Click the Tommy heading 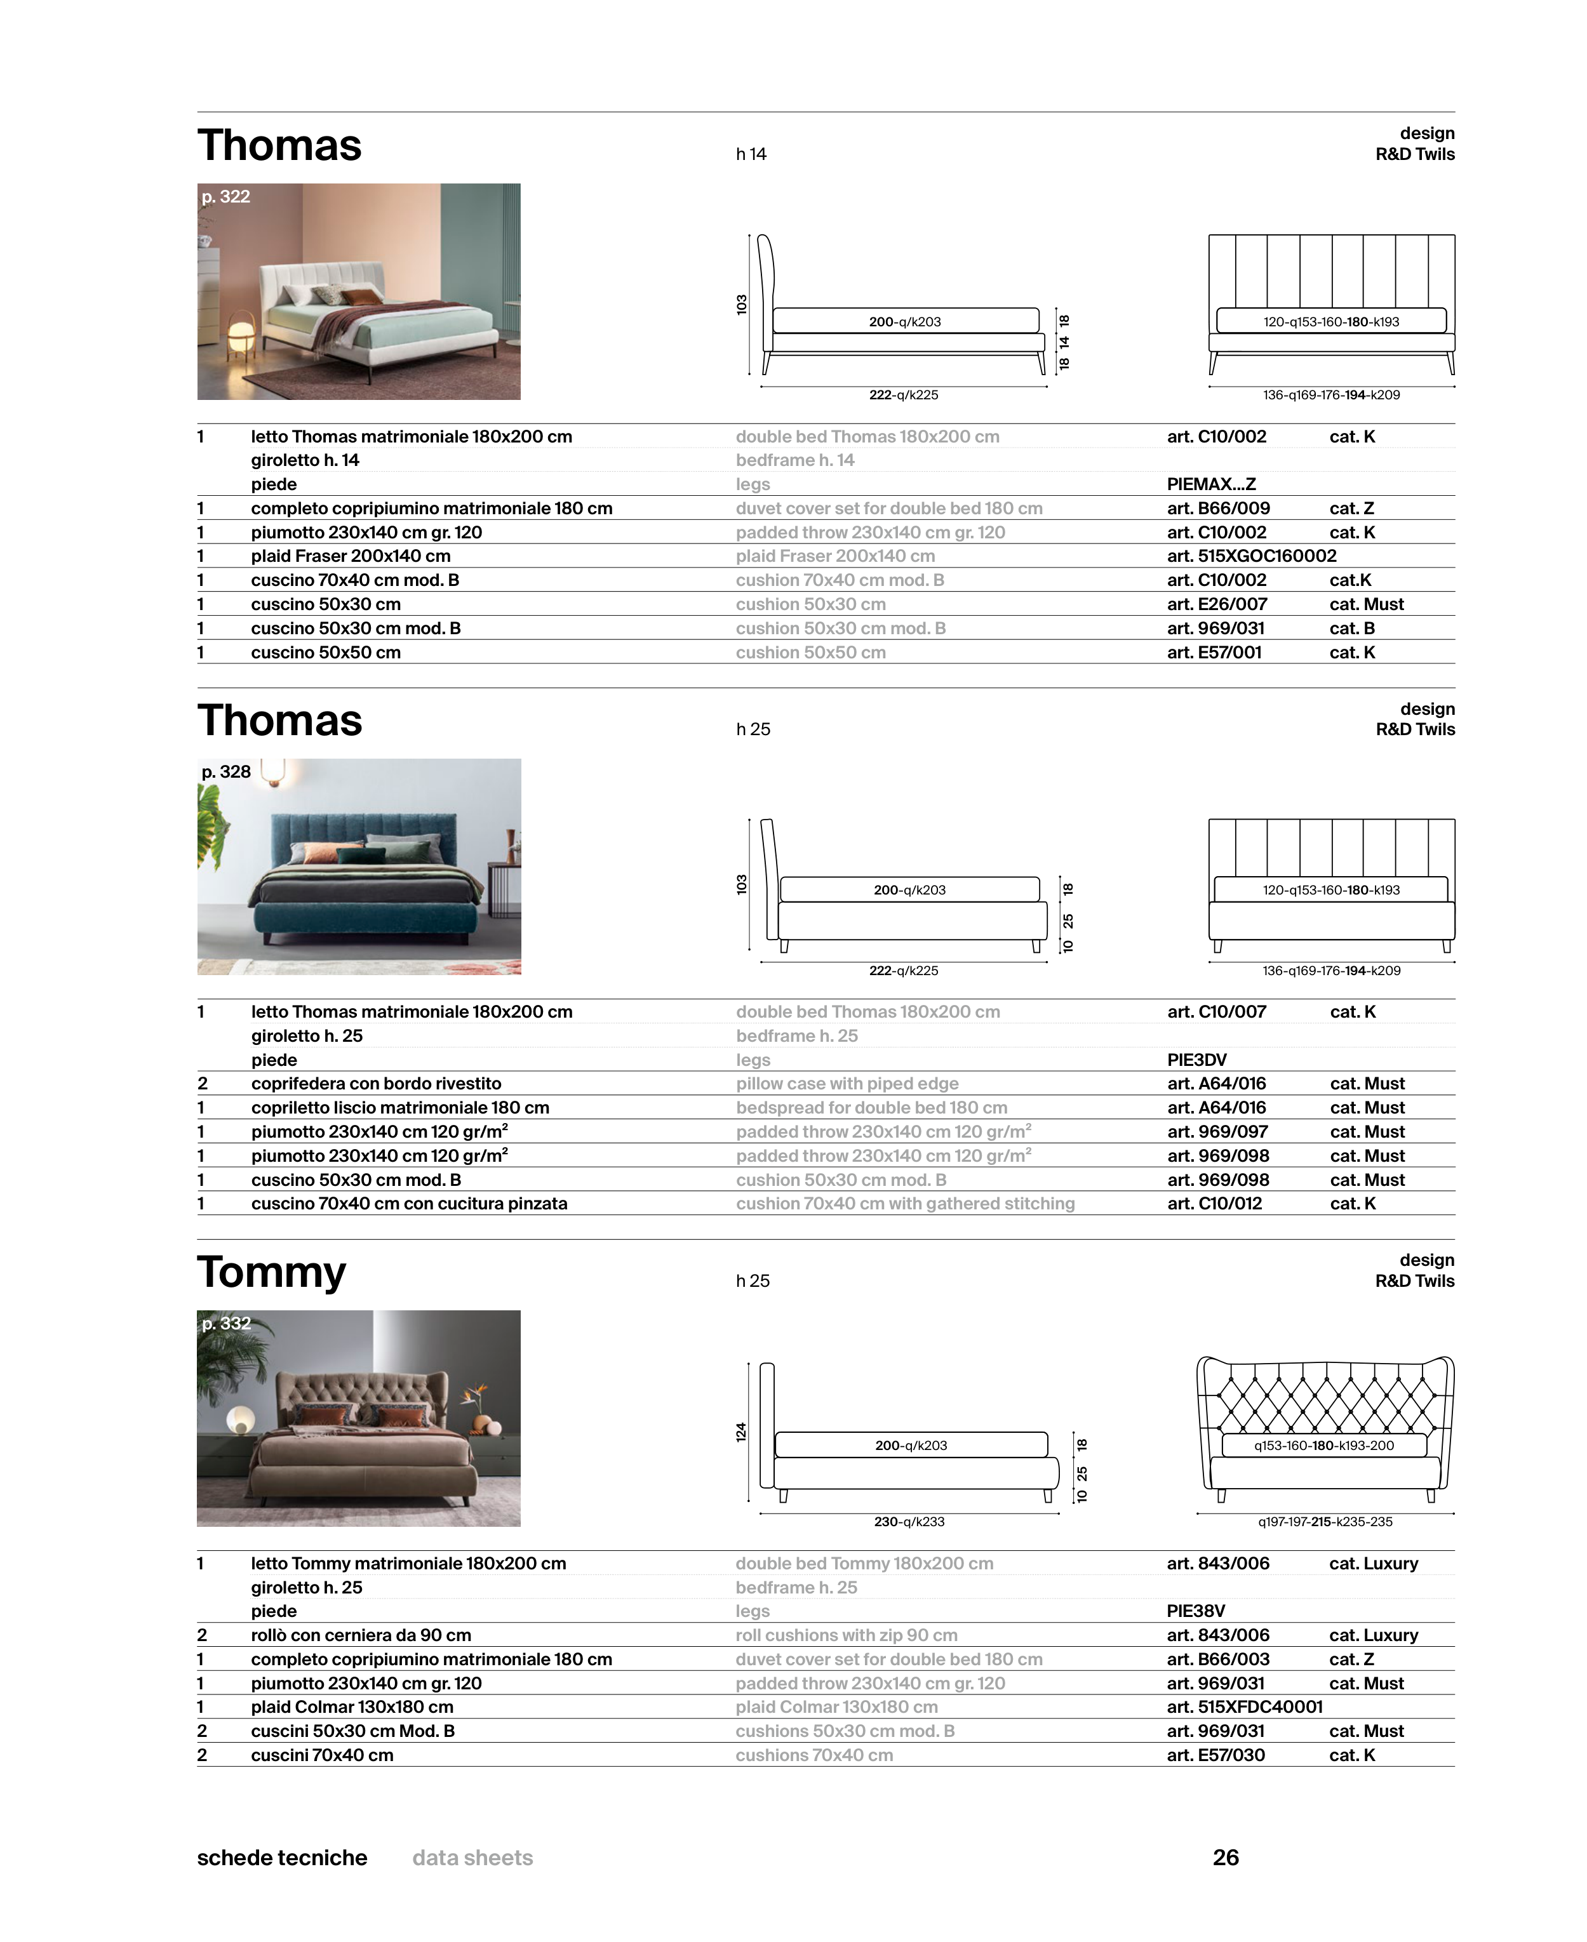272,1272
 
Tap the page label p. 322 226,196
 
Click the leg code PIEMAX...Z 1210,484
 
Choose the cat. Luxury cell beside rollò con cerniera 1373,1635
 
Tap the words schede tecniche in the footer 281,1858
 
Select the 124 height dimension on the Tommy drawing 741,1432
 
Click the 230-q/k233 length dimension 909,1522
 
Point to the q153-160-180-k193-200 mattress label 1323,1446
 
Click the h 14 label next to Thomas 751,154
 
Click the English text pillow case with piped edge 847,1084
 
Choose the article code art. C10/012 1214,1204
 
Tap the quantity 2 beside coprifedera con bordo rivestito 202,1084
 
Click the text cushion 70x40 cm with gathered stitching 905,1204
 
